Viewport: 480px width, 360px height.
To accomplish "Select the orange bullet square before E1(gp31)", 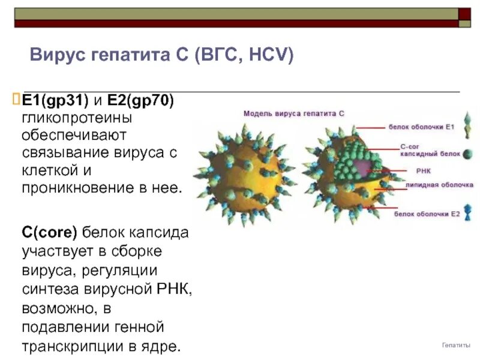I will tap(17, 98).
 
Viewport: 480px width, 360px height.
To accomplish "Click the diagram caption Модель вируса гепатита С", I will tap(294, 113).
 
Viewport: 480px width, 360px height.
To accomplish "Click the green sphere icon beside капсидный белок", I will tap(466, 154).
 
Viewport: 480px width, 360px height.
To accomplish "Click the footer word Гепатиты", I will tap(456, 346).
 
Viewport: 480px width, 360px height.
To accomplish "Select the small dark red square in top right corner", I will tap(464, 14).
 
